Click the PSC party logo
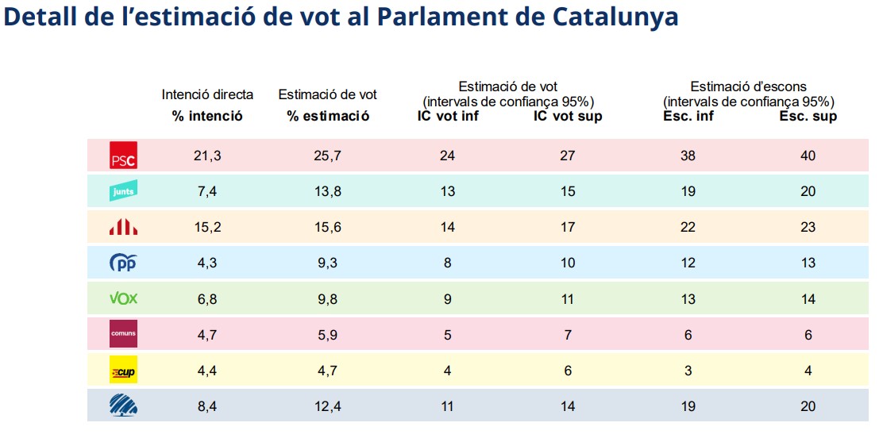click(123, 156)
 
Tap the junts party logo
click(123, 191)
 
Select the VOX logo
click(123, 299)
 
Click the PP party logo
click(123, 263)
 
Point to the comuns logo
click(123, 335)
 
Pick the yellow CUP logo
click(123, 371)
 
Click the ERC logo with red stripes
click(123, 228)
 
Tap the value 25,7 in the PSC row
click(327, 156)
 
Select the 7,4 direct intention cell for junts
click(207, 191)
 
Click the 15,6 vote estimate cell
click(327, 228)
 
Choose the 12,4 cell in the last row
click(327, 406)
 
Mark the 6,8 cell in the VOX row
click(207, 299)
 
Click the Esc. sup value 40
click(807, 156)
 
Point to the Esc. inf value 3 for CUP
click(688, 371)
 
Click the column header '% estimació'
click(328, 117)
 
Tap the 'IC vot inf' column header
click(448, 117)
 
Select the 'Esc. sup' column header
click(807, 117)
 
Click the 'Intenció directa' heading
click(207, 94)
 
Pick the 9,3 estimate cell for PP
click(327, 263)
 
